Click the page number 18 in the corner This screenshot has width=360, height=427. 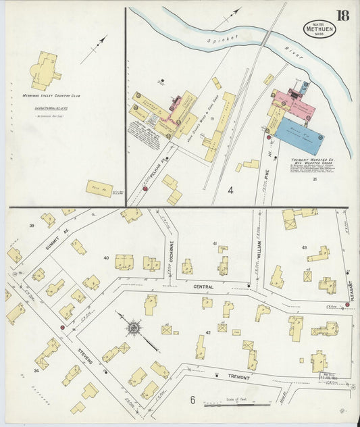342,16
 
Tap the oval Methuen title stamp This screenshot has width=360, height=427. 317,30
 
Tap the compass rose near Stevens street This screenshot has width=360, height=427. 134,329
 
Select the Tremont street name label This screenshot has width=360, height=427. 238,377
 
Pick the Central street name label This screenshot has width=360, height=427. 203,286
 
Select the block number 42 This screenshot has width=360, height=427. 209,332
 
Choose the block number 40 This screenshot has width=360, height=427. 105,257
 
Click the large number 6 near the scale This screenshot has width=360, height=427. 192,400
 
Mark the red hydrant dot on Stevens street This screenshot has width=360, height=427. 62,327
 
